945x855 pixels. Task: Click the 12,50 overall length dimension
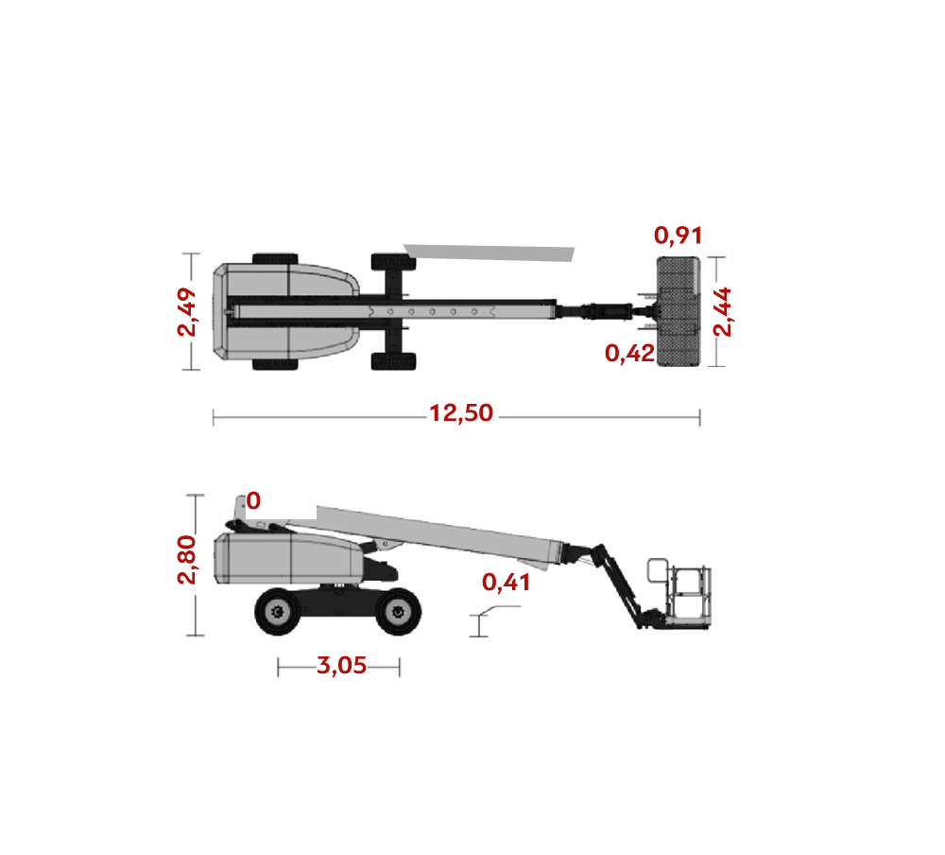[461, 413]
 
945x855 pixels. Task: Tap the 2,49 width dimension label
[187, 312]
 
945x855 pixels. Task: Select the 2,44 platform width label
[722, 312]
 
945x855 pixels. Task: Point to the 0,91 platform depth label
[678, 236]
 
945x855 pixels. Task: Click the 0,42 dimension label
[629, 353]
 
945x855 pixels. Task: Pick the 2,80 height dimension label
[187, 559]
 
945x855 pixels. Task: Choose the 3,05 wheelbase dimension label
[341, 666]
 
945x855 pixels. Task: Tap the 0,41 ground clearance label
[507, 583]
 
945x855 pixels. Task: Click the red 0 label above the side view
[253, 501]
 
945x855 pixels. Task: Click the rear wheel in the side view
[278, 612]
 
